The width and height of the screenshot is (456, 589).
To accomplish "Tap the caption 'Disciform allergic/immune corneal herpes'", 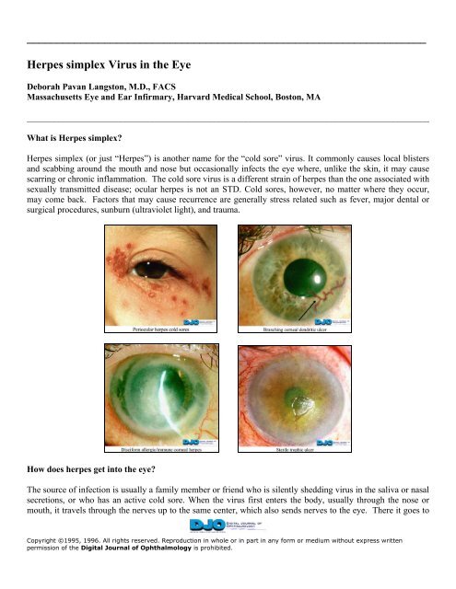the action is click(x=161, y=451).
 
